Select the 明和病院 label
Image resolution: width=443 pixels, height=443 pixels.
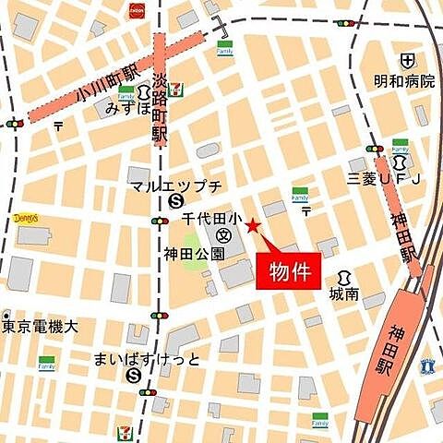404,81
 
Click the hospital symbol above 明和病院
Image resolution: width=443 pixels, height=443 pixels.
407,61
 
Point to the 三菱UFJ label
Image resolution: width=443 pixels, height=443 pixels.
384,176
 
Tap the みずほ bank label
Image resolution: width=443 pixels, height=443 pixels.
126,109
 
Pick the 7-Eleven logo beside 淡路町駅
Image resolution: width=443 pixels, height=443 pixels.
176,90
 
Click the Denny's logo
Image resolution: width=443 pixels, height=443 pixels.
27,219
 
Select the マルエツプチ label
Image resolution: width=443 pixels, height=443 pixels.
175,186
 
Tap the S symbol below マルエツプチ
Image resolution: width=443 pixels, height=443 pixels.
175,203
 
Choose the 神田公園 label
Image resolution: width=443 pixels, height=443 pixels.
195,252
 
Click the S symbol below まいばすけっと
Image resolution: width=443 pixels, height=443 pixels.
136,376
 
